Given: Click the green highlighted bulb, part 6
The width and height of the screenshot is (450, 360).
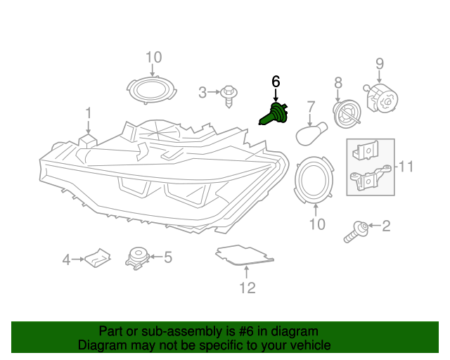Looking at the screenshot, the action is point(274,115).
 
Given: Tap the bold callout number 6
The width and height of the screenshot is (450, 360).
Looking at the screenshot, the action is point(276,82).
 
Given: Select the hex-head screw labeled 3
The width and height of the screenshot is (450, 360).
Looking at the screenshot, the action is point(229,96).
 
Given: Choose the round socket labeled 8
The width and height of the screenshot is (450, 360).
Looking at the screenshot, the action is point(347,115).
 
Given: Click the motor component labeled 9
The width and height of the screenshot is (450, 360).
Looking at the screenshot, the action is point(380,98).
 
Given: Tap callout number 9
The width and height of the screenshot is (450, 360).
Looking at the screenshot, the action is point(380,63).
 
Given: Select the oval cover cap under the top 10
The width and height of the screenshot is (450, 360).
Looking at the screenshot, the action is point(152,90).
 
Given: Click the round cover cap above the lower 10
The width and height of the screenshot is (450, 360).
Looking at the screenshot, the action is point(314,179).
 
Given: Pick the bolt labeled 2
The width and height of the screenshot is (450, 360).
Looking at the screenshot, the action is point(356,232).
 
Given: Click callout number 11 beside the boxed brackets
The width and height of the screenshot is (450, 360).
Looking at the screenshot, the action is point(405,167).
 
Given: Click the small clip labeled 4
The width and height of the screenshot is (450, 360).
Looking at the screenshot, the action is point(98,258).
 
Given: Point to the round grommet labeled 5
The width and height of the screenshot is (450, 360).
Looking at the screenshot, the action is point(137,258).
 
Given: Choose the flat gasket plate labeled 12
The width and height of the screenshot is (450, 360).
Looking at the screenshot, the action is point(245,255).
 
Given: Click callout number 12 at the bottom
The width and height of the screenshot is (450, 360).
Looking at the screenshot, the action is point(247,288).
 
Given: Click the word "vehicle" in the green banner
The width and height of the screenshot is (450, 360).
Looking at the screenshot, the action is point(311,345).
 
